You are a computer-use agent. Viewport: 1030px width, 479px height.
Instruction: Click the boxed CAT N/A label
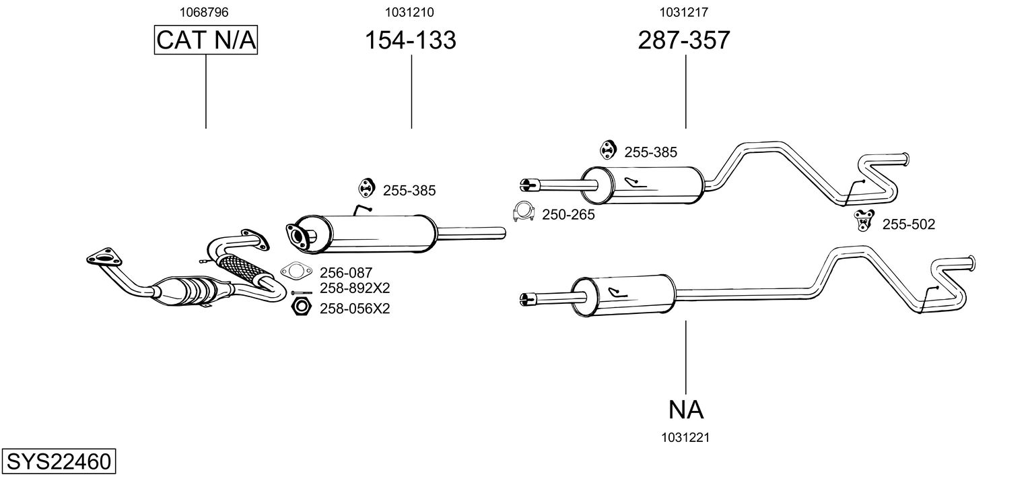pyautogui.click(x=206, y=40)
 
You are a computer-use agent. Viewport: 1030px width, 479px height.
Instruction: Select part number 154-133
pyautogui.click(x=410, y=40)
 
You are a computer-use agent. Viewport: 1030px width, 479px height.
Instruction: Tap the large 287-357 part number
pyautogui.click(x=683, y=40)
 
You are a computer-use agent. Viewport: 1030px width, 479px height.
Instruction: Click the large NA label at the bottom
pyautogui.click(x=686, y=409)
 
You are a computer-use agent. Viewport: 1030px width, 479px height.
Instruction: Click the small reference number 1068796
pyautogui.click(x=205, y=11)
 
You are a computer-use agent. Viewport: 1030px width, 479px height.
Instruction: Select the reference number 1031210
pyautogui.click(x=410, y=11)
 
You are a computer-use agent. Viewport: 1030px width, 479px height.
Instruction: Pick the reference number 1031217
pyautogui.click(x=683, y=11)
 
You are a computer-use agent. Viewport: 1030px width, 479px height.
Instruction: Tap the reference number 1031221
pyautogui.click(x=686, y=437)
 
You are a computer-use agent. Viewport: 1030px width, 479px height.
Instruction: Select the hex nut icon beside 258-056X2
pyautogui.click(x=300, y=307)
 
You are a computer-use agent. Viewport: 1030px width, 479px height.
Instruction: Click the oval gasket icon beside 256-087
pyautogui.click(x=296, y=272)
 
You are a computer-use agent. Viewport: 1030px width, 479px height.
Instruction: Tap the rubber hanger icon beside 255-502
pyautogui.click(x=863, y=220)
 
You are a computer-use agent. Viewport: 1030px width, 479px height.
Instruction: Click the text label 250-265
pyautogui.click(x=568, y=215)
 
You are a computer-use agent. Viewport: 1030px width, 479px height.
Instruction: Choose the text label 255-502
pyautogui.click(x=908, y=224)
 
